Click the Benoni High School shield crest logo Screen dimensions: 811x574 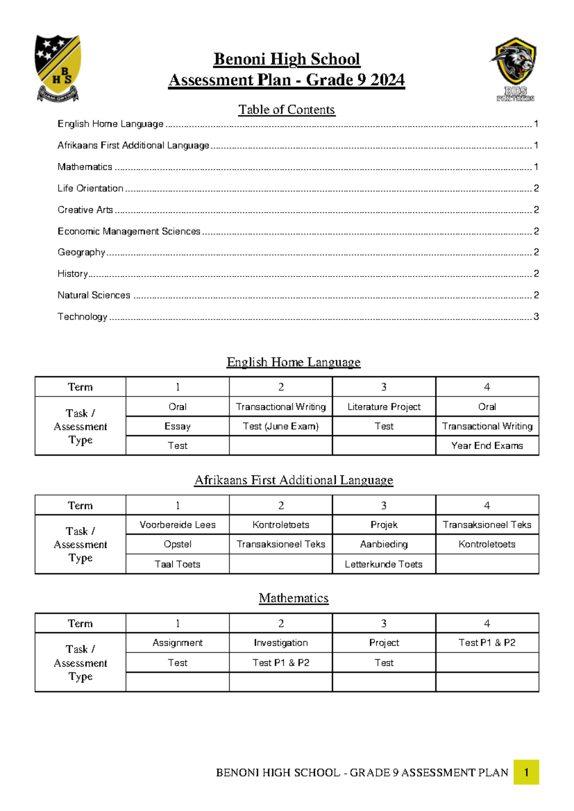(x=58, y=68)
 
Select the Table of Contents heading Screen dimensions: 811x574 (x=287, y=110)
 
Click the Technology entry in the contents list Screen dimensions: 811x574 (x=82, y=317)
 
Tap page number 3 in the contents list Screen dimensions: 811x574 (x=536, y=317)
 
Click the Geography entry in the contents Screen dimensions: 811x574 (x=81, y=252)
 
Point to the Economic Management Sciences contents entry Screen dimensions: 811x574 (x=129, y=231)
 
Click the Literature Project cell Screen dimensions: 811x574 (x=384, y=407)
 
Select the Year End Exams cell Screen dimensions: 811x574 (x=487, y=446)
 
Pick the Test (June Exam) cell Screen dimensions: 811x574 (x=280, y=426)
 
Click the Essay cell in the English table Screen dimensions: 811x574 (x=177, y=426)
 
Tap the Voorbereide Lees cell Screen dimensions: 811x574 (x=177, y=525)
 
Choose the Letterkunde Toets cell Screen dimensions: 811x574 (x=384, y=564)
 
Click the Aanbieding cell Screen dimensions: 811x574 (x=384, y=544)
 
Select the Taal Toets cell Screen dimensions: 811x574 (x=177, y=564)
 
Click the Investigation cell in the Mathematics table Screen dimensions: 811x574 (x=280, y=643)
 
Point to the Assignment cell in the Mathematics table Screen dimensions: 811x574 (x=177, y=643)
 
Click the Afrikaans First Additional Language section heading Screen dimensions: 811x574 (x=293, y=480)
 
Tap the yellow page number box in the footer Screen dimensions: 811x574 (x=526, y=772)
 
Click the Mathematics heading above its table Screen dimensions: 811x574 (x=293, y=598)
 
